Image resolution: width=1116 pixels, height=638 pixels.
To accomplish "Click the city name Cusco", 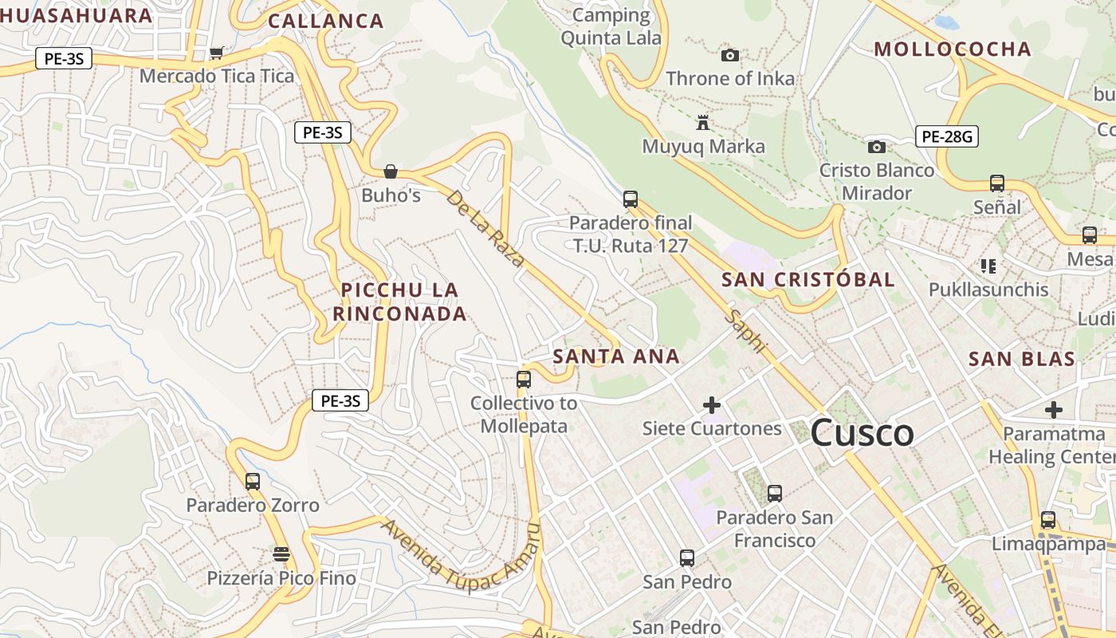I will click(x=862, y=434).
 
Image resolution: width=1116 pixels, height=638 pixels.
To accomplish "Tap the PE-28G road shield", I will click(x=947, y=136).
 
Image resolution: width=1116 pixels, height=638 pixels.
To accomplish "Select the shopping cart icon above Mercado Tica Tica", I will click(x=216, y=53).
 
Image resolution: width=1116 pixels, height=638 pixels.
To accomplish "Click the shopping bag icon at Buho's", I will click(x=391, y=171).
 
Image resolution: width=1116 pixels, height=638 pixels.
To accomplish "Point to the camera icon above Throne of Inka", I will click(x=729, y=55).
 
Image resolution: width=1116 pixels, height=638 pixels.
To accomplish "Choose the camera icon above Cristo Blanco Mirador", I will click(x=876, y=147).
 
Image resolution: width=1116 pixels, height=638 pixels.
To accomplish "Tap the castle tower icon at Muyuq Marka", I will click(x=702, y=123).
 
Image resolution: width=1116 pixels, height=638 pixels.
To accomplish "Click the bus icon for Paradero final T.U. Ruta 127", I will click(x=630, y=199).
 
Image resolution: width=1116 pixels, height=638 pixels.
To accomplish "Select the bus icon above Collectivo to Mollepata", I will click(x=524, y=380).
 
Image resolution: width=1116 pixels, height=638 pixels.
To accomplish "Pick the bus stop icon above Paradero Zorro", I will click(x=253, y=481).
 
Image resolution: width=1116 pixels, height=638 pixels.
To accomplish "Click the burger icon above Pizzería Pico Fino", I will click(x=281, y=553).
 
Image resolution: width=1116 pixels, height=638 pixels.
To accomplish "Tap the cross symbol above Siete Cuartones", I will click(x=712, y=405).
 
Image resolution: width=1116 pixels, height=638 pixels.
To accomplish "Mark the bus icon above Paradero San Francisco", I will click(x=774, y=493).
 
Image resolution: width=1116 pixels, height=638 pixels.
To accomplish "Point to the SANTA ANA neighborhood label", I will click(x=616, y=356).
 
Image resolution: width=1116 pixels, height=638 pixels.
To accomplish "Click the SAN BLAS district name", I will click(x=1021, y=359).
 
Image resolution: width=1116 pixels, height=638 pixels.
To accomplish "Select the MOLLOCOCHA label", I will click(x=953, y=49).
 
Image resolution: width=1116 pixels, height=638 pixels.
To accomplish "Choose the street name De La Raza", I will click(x=485, y=229).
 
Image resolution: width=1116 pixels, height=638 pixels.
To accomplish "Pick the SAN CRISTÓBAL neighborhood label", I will click(x=808, y=280).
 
